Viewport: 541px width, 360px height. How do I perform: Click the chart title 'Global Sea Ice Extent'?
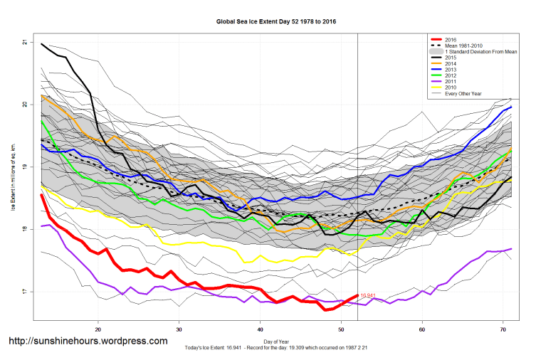276,22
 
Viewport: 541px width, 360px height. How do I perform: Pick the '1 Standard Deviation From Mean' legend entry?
478,53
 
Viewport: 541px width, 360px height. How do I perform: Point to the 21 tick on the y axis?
25,42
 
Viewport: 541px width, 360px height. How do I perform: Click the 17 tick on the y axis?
25,292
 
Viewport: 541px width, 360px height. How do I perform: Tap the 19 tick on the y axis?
25,167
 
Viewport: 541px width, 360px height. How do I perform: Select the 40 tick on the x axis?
261,330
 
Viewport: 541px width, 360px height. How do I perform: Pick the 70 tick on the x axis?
504,330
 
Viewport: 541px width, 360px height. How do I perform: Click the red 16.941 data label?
367,295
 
